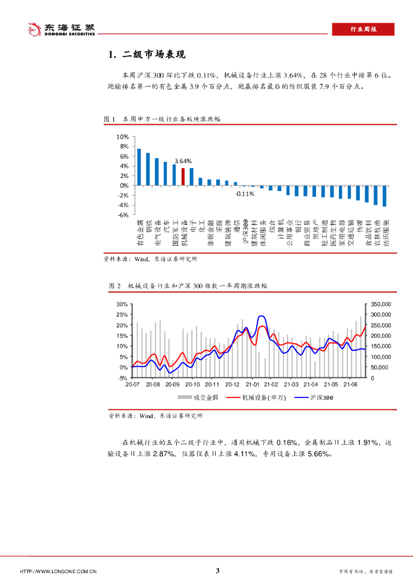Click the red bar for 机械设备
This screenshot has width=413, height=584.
click(183, 177)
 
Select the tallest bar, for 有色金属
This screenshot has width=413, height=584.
click(139, 167)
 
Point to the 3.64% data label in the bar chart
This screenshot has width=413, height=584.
click(183, 161)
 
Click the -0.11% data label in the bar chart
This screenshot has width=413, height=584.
click(245, 194)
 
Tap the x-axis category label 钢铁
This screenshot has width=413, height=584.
click(148, 228)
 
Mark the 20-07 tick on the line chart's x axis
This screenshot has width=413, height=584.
click(132, 386)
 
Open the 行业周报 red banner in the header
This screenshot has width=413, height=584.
click(363, 29)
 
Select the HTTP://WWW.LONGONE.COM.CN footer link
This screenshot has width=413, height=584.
click(58, 571)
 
